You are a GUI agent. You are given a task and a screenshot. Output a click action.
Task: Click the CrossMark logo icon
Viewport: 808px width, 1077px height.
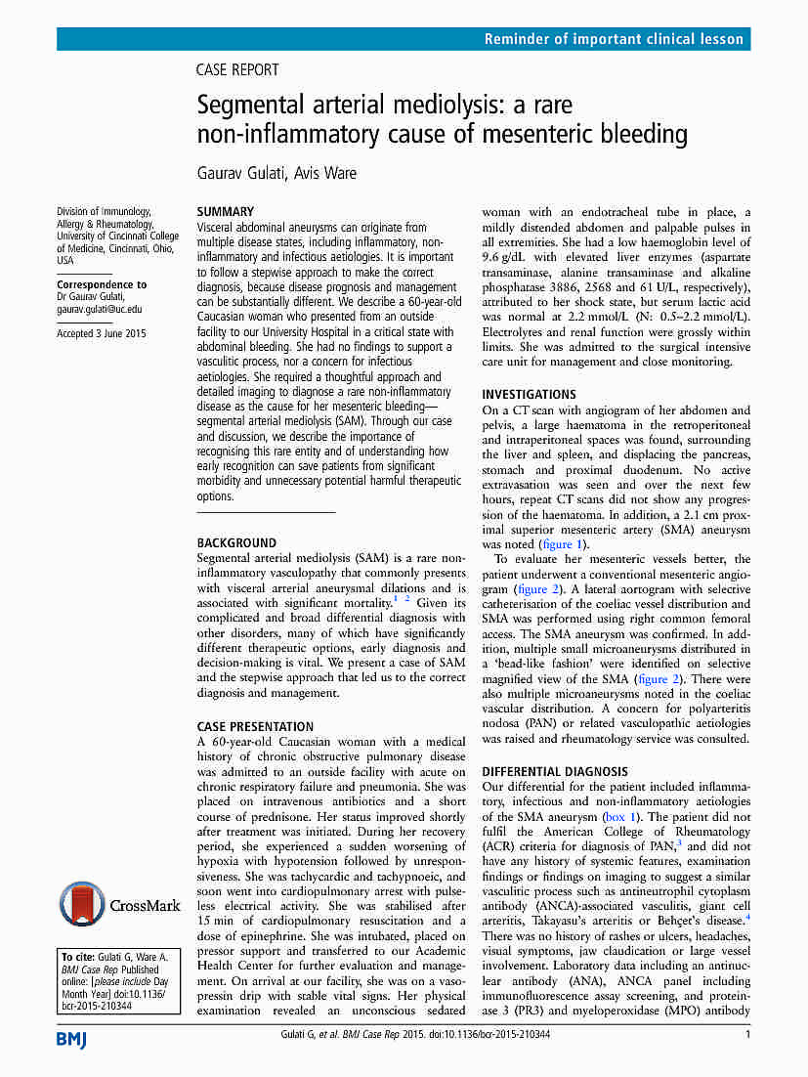pos(81,904)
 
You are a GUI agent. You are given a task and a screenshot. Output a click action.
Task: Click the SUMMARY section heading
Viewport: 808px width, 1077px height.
pos(226,211)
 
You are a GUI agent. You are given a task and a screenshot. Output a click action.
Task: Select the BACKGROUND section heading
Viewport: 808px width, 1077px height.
pos(236,542)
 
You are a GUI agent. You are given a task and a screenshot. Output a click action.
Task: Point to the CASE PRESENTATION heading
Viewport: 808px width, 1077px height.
pos(255,726)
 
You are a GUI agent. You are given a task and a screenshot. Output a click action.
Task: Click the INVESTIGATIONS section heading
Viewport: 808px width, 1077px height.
pos(530,394)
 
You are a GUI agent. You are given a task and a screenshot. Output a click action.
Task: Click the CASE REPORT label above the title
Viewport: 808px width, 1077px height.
pos(237,70)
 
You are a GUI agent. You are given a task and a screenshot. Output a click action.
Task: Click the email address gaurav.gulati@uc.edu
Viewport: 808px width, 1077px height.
pos(99,309)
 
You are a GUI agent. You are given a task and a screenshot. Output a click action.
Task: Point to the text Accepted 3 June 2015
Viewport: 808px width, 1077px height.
pos(102,334)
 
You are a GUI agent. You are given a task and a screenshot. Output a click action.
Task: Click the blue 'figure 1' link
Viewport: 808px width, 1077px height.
pos(564,544)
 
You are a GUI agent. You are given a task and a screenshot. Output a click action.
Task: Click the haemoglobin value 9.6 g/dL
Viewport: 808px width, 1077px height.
pos(508,258)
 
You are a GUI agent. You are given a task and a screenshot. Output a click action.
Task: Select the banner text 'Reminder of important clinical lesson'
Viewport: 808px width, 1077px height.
pos(615,40)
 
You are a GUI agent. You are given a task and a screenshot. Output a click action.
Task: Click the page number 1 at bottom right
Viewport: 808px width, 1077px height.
pos(747,1035)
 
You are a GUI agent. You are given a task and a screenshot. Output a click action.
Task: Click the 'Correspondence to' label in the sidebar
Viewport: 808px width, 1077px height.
pos(102,284)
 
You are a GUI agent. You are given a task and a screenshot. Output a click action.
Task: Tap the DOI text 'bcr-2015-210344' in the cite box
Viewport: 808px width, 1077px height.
pos(100,1005)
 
